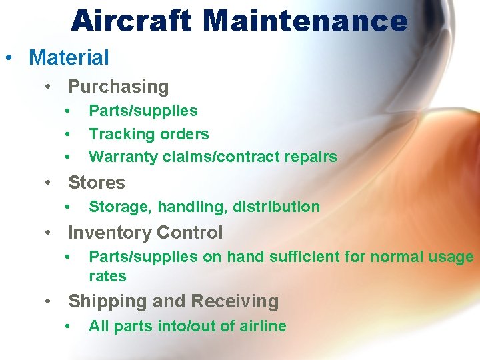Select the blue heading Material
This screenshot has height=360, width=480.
click(x=69, y=57)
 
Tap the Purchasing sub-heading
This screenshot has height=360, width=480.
click(x=119, y=87)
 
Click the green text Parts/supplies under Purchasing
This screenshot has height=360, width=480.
click(x=143, y=111)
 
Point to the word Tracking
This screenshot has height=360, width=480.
click(x=118, y=134)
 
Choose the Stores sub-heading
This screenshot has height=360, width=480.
click(x=97, y=183)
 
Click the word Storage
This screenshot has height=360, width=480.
click(x=119, y=207)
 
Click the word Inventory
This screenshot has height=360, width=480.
click(x=107, y=233)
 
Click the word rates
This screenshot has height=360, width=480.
click(x=107, y=276)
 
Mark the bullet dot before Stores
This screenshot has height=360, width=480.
click(x=49, y=183)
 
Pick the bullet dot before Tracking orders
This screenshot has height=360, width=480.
click(x=68, y=135)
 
